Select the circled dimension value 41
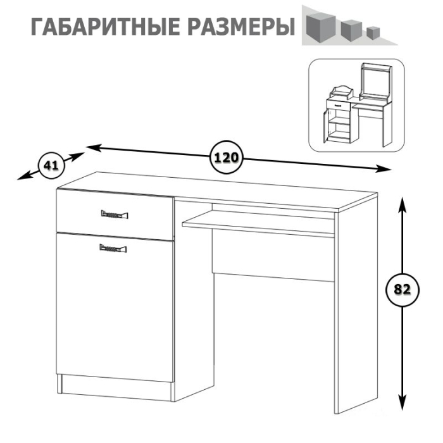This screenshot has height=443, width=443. [51, 166]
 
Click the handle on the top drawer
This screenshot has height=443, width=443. [114, 215]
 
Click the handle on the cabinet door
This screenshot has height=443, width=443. [114, 248]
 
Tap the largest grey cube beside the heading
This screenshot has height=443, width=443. [320, 26]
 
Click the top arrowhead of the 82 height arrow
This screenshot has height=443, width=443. [402, 201]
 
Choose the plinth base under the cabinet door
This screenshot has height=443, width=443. [114, 387]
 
